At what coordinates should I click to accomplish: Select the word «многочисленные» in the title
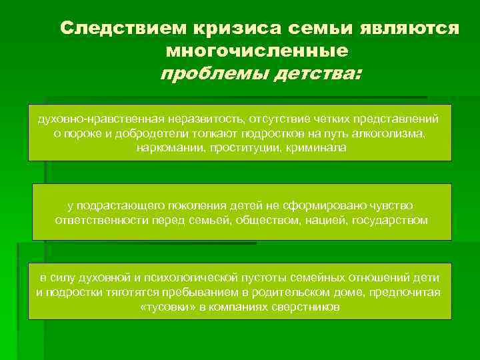pyautogui.click(x=257, y=50)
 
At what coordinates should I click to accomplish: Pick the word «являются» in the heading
pyautogui.click(x=409, y=29)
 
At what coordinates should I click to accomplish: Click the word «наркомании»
pyautogui.click(x=167, y=147)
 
